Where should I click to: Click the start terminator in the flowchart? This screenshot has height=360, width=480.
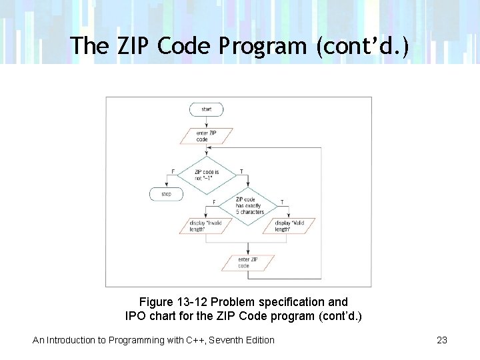(x=207, y=108)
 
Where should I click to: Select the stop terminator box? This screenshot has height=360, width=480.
(x=166, y=194)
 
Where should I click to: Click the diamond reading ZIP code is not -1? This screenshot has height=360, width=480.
(x=207, y=175)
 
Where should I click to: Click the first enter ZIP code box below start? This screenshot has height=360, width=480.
(x=207, y=136)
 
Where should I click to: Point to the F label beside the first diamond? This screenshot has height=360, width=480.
(x=173, y=172)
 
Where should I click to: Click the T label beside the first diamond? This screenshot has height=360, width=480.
(x=241, y=172)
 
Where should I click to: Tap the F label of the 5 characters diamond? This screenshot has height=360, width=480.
(x=213, y=202)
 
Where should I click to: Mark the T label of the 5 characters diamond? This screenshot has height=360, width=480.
(x=282, y=202)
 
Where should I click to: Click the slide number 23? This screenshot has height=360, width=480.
(x=441, y=340)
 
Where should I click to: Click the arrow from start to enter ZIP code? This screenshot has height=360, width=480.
(x=207, y=121)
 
